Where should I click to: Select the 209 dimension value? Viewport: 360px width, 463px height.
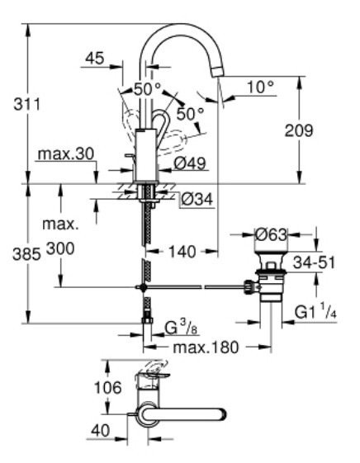323,129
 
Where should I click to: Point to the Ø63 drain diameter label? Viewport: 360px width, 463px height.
271,235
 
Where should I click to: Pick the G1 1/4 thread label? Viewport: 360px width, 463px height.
316,312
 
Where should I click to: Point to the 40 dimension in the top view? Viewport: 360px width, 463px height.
100,430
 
